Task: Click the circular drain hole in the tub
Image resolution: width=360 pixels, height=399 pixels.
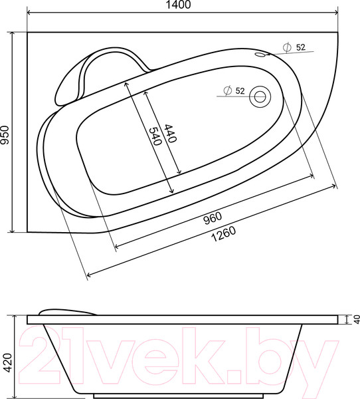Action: [x=259, y=98]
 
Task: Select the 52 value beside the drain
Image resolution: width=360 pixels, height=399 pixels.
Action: [x=240, y=91]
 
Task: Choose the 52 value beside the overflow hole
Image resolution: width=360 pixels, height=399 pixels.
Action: [x=300, y=47]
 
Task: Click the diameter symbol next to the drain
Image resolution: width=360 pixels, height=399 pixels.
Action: [x=227, y=91]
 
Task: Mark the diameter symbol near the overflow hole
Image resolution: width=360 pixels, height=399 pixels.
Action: [x=287, y=47]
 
